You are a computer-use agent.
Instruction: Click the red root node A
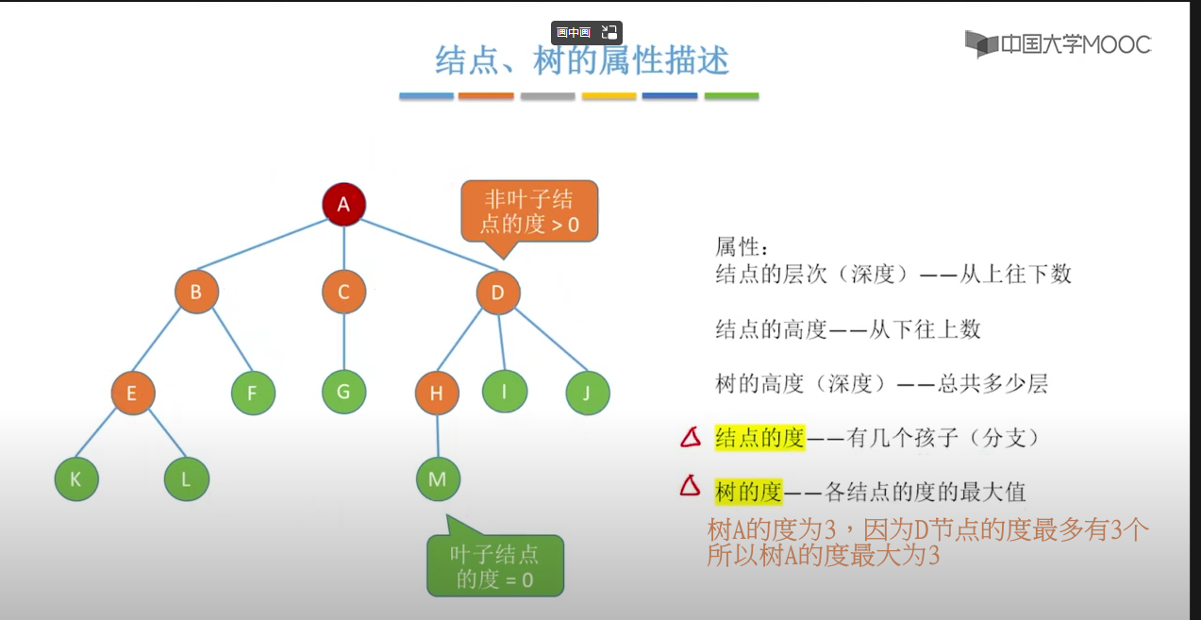[x=343, y=204]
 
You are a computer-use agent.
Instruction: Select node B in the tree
[x=196, y=293]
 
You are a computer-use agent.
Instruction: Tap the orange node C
[x=343, y=293]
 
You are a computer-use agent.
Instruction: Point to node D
[x=498, y=293]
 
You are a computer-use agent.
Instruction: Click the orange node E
[x=132, y=394]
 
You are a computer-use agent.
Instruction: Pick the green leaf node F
[x=253, y=394]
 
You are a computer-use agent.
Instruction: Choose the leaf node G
[x=343, y=392]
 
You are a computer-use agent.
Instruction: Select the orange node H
[x=437, y=394]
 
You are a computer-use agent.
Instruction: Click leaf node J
[x=587, y=394]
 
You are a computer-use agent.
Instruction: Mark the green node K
[x=76, y=479]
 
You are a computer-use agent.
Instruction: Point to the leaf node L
[x=186, y=479]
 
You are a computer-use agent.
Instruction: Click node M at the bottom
[x=438, y=479]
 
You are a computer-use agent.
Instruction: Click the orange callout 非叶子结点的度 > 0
[x=529, y=211]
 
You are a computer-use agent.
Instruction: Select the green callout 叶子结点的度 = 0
[x=495, y=566]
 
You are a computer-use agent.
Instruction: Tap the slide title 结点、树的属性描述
[x=581, y=61]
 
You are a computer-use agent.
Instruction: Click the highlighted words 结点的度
[x=759, y=438]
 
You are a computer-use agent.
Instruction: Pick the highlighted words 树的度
[x=749, y=492]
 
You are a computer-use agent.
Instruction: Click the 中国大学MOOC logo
[x=1058, y=44]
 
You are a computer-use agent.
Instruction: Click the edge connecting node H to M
[x=437, y=436]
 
